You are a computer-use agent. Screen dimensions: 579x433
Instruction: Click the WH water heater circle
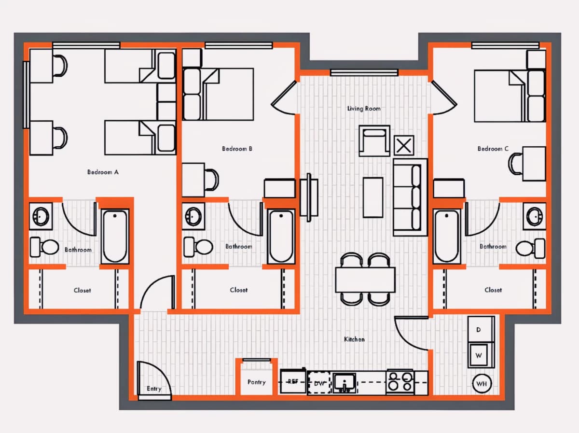click(x=482, y=384)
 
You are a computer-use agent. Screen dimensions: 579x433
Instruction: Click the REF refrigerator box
click(x=293, y=382)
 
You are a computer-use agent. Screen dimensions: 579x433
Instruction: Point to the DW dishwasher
click(x=319, y=383)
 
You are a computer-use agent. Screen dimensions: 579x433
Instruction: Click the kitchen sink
click(x=344, y=383)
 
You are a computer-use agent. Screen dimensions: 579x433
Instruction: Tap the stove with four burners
click(x=400, y=382)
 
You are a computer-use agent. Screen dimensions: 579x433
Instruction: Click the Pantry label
click(x=256, y=382)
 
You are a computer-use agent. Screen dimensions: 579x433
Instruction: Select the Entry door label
click(x=154, y=389)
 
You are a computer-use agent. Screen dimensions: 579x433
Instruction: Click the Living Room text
click(x=364, y=109)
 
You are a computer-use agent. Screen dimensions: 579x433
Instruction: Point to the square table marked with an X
click(x=404, y=145)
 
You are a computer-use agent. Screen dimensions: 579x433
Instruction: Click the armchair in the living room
click(x=374, y=140)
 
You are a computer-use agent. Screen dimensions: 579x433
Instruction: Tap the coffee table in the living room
click(x=373, y=197)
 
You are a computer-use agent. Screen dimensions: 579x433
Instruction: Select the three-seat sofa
click(x=410, y=197)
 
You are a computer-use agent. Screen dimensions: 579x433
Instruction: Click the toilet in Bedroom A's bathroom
click(x=44, y=247)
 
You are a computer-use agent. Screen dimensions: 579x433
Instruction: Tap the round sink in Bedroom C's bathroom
click(x=535, y=216)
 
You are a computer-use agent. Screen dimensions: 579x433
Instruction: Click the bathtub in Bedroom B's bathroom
click(x=281, y=236)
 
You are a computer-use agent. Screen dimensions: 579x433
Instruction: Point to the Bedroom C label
click(x=493, y=149)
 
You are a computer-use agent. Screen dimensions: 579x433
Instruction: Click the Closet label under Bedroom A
click(x=83, y=291)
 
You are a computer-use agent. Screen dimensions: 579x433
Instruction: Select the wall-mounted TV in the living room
click(x=309, y=197)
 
